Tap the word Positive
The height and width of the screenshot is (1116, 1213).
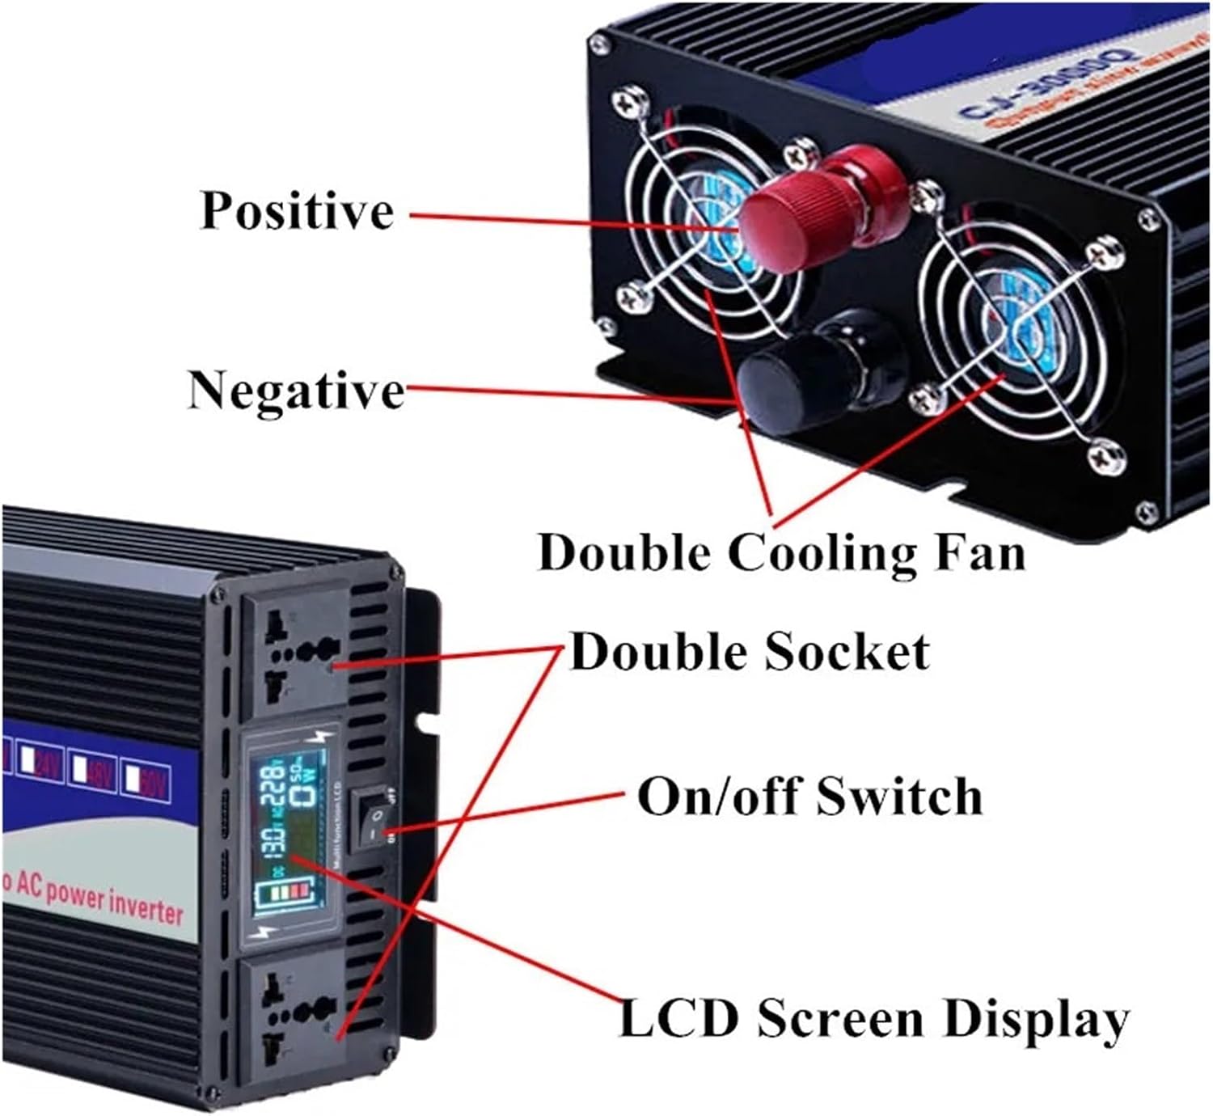297,210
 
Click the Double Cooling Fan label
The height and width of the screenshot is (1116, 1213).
781,554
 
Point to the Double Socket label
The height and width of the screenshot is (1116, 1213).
749,652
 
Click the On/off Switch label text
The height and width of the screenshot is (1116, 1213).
809,796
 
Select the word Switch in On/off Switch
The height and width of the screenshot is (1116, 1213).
898,796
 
